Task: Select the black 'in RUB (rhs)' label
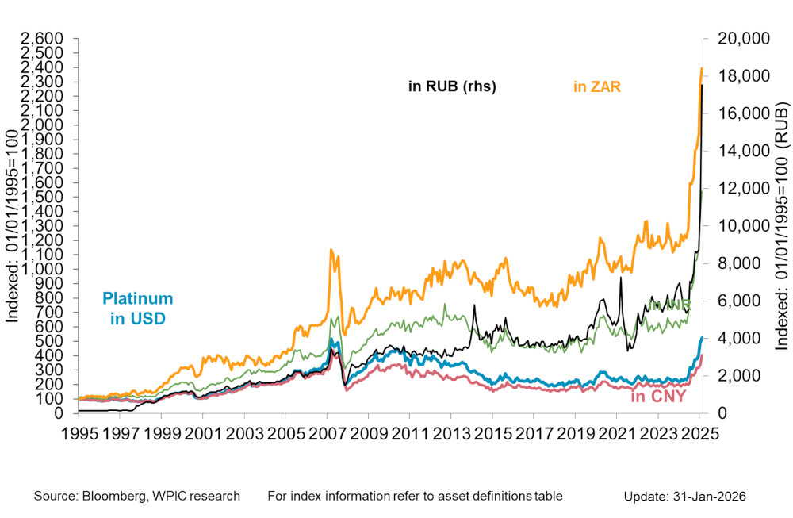coord(452,87)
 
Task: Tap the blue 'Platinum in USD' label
coord(137,309)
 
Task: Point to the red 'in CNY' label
coord(657,396)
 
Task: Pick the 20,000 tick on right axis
coord(739,38)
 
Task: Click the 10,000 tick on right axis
coord(739,226)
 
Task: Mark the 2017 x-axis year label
coord(534,435)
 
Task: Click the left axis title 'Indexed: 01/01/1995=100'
coord(13,226)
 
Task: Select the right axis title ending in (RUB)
coord(782,226)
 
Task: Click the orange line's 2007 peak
coord(331,251)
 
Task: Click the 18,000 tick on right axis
coord(739,76)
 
